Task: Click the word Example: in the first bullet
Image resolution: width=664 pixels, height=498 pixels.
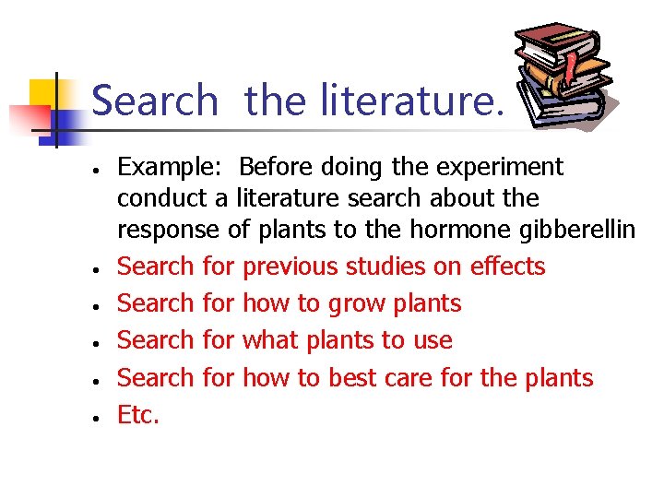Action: coord(172,168)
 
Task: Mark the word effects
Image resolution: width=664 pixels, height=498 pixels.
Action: coord(507,267)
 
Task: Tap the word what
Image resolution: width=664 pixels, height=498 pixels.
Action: coord(271,340)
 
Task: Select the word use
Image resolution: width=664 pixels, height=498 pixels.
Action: coord(432,341)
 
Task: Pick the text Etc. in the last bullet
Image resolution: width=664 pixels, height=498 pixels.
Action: coord(138,415)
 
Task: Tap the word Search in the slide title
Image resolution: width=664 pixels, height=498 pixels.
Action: coord(155,100)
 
